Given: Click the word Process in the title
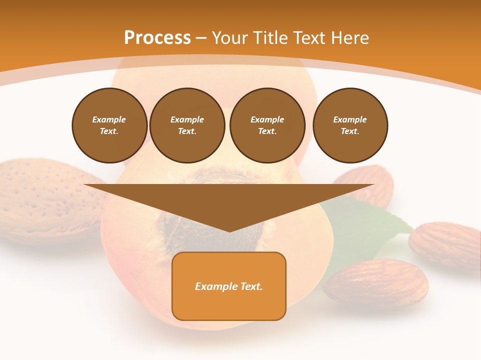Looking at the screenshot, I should pos(157,38).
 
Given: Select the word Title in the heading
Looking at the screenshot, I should pos(272,38).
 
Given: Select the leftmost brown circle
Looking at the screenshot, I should pos(110,125).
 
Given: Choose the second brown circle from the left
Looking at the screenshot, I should pos(187,125).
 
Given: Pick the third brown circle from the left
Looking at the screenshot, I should pos(268,125).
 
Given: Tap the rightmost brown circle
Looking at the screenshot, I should pos(350,125).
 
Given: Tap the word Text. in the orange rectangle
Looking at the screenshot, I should pos(251,286).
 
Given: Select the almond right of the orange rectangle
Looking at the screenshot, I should pos(376,283).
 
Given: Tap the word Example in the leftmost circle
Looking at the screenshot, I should pos(109,119).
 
